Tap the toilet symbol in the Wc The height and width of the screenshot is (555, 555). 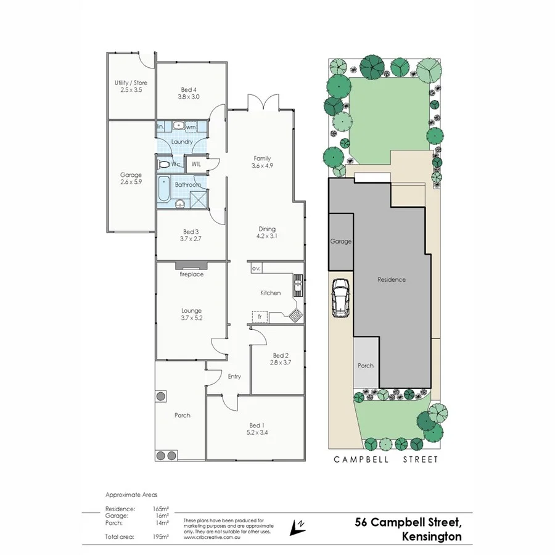coord(163,165)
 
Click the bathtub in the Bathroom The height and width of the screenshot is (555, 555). coord(165,189)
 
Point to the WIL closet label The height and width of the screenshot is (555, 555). coord(195,164)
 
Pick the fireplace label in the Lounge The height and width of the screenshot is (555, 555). coord(191,274)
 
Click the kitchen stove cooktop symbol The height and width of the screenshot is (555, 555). coord(295,315)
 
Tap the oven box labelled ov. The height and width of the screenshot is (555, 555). coord(257,269)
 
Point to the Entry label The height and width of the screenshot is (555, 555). coord(234,376)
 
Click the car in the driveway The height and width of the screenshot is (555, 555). coord(341,298)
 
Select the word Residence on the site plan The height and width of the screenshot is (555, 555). coord(392,279)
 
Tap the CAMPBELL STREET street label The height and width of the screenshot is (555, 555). coord(386,459)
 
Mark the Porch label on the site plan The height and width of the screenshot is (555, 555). coord(366,366)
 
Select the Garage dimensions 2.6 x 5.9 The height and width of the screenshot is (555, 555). coord(131,183)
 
